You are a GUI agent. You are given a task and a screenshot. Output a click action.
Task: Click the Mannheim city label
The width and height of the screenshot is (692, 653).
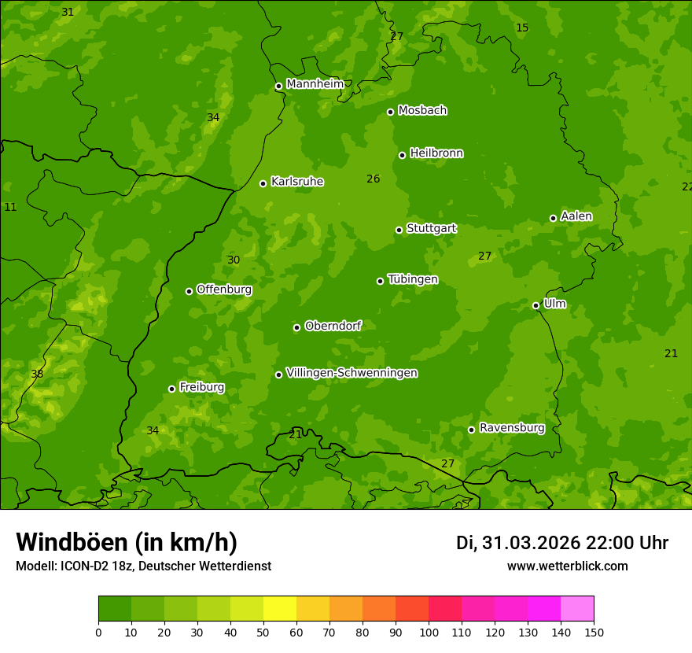(315, 83)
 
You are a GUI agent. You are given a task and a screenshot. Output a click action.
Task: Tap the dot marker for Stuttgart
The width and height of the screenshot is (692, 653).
(399, 230)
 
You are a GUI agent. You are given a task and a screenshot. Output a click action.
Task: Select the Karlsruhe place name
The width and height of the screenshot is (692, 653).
(296, 182)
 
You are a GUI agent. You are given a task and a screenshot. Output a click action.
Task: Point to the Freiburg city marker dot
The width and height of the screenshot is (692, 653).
(171, 389)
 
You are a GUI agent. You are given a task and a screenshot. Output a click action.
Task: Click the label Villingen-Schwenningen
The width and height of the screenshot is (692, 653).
(352, 373)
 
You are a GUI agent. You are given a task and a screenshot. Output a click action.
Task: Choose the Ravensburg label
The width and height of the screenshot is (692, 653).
(511, 428)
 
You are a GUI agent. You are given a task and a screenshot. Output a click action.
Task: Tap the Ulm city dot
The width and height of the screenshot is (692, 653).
(536, 305)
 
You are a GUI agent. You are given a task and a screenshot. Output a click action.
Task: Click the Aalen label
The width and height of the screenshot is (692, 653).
(576, 216)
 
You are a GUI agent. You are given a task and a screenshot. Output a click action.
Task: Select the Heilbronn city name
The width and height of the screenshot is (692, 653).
(436, 153)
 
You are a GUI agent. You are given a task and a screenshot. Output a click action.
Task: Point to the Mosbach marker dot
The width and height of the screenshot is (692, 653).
(390, 112)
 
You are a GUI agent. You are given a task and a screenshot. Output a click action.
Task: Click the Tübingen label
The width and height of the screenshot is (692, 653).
(412, 279)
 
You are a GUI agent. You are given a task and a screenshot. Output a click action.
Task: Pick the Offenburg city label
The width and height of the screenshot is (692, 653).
(223, 290)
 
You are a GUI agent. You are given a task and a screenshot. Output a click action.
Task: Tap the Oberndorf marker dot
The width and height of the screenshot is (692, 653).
(296, 327)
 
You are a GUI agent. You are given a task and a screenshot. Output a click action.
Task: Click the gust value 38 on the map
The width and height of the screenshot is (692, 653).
(37, 374)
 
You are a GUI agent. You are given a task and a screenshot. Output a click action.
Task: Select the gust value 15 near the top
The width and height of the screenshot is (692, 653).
(522, 28)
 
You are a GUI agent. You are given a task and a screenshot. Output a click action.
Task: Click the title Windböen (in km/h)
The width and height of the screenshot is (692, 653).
(127, 542)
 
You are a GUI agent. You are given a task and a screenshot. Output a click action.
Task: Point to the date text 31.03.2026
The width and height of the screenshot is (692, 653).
(531, 543)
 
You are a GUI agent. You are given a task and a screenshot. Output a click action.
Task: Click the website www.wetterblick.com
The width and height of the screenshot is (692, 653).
(567, 566)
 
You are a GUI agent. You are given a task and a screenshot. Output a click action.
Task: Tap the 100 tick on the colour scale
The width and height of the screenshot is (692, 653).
(429, 632)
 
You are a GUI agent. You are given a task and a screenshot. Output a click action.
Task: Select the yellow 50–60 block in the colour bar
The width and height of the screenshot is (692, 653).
(280, 609)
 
